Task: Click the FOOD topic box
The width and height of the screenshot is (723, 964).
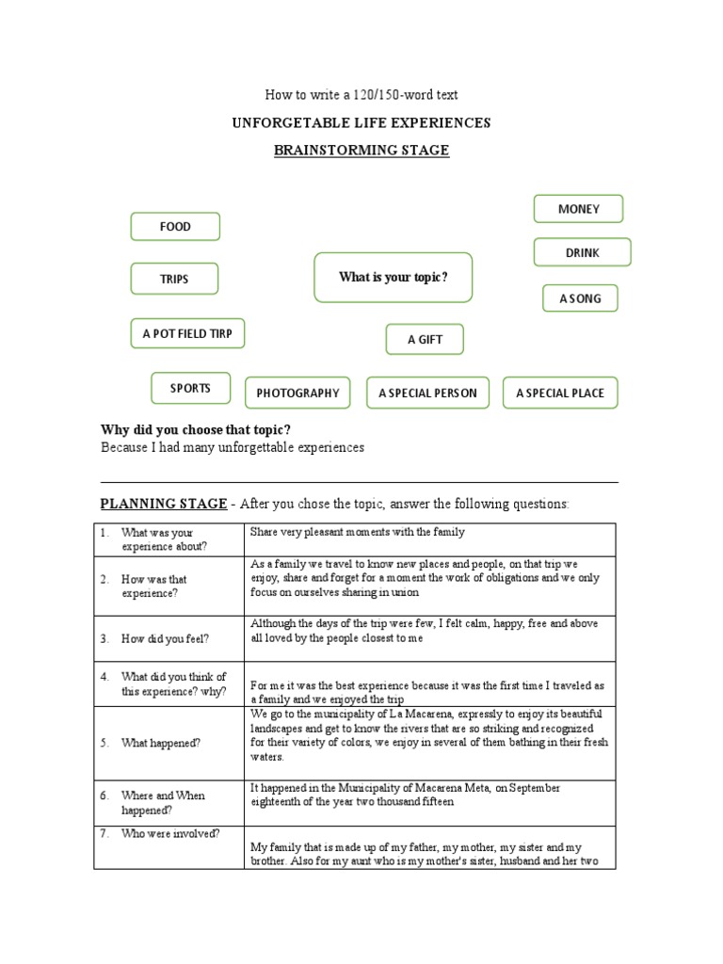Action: click(x=174, y=227)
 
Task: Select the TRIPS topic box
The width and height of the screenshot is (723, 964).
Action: click(x=174, y=279)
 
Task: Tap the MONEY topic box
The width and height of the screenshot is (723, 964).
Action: click(x=578, y=209)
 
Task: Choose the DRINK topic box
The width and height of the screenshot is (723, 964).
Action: click(x=582, y=252)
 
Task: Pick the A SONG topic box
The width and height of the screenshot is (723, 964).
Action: click(x=580, y=298)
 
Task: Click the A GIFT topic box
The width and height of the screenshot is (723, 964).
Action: click(x=425, y=339)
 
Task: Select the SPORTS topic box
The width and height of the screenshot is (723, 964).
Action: click(x=190, y=388)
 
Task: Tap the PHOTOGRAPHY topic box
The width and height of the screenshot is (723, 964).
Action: click(x=297, y=393)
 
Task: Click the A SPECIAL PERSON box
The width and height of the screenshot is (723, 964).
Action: click(x=427, y=393)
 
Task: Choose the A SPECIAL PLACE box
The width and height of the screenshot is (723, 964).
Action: click(x=560, y=393)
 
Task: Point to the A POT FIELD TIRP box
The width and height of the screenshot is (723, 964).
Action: click(x=187, y=333)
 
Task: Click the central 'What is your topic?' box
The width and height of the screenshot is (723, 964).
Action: click(x=393, y=277)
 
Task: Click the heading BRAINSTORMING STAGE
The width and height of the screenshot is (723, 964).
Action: click(x=361, y=151)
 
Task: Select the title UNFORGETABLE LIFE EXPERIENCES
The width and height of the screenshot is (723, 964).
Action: click(x=361, y=123)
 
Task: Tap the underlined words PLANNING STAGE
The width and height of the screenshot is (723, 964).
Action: click(x=164, y=504)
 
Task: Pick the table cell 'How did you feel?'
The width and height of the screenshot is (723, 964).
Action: click(x=165, y=638)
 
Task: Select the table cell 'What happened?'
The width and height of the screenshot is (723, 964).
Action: click(x=160, y=743)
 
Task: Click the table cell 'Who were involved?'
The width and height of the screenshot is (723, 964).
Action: click(x=170, y=833)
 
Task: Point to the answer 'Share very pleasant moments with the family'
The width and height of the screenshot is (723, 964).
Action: click(x=358, y=532)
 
